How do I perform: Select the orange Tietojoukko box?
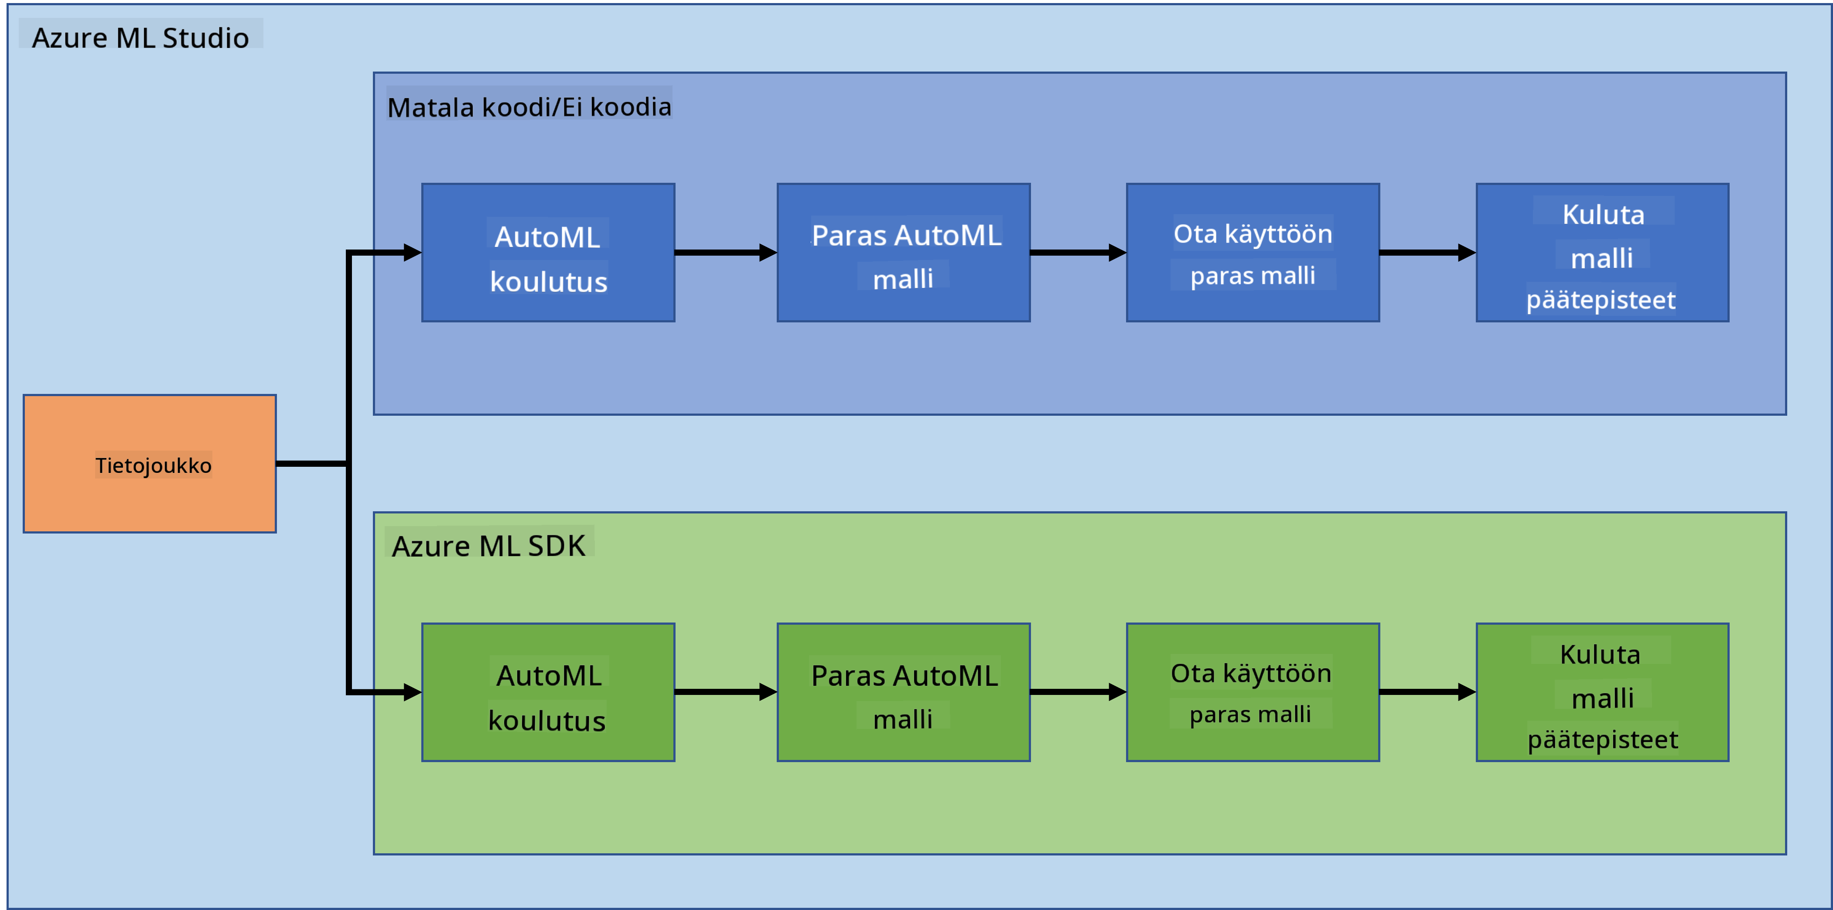[x=150, y=464]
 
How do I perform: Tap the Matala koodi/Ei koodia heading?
[x=529, y=107]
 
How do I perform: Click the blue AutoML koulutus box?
[x=548, y=253]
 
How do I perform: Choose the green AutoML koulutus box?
[x=548, y=692]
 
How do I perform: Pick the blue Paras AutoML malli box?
[x=904, y=253]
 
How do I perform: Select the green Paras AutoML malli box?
[x=904, y=692]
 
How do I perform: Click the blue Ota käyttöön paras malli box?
[x=1253, y=253]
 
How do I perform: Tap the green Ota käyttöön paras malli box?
[x=1253, y=692]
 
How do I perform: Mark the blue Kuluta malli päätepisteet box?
[x=1602, y=253]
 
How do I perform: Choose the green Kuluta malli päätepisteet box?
[x=1602, y=692]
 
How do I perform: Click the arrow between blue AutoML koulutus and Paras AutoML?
[x=726, y=253]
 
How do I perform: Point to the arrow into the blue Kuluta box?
[x=1428, y=253]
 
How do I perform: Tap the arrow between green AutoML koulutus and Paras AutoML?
[x=726, y=691]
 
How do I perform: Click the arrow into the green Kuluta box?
[x=1428, y=691]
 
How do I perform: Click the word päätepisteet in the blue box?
[x=1601, y=300]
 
